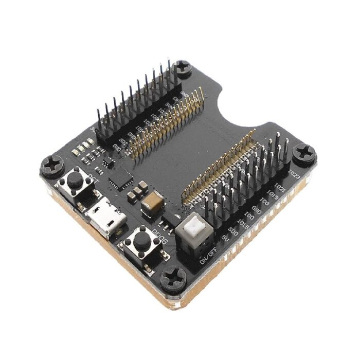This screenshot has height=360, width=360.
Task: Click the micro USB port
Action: coord(105,217)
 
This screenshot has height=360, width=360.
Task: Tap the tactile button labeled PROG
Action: coord(140,241)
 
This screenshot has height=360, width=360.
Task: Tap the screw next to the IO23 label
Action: coord(304,153)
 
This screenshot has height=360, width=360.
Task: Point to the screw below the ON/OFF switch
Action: coord(173,279)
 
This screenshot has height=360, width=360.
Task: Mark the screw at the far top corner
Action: coord(183,67)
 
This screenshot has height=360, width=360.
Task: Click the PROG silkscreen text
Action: coord(157,237)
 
